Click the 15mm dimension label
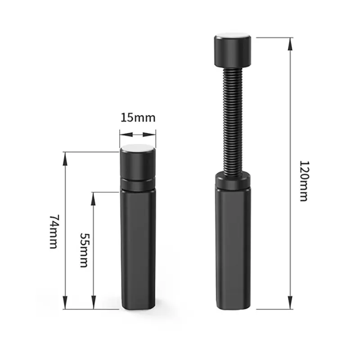pos(138,118)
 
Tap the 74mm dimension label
pos(54,232)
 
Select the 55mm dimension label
pos(84,250)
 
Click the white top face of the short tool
pos(138,148)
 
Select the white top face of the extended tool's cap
pos(233,36)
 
